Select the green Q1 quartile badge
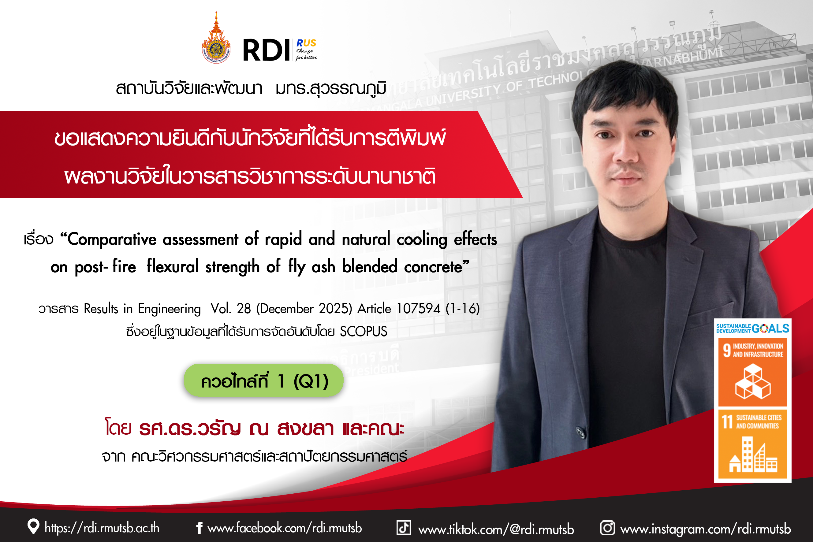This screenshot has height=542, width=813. pyautogui.click(x=263, y=380)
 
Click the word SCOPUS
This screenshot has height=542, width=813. pyautogui.click(x=364, y=332)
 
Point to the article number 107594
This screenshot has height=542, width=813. pyautogui.click(x=418, y=309)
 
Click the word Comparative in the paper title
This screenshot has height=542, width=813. pyautogui.click(x=112, y=239)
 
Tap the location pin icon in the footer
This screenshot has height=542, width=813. pyautogui.click(x=33, y=526)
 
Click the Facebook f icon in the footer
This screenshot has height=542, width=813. pyautogui.click(x=199, y=528)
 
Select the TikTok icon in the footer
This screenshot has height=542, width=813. pyautogui.click(x=404, y=528)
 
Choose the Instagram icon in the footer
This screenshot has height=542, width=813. pyautogui.click(x=607, y=528)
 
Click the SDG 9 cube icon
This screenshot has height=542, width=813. pyautogui.click(x=753, y=382)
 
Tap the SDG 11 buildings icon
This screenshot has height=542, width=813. pyautogui.click(x=753, y=454)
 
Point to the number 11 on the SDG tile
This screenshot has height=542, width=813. pyautogui.click(x=727, y=422)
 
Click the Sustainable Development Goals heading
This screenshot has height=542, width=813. pyautogui.click(x=752, y=329)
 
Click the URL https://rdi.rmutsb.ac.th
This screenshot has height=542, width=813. pyautogui.click(x=102, y=528)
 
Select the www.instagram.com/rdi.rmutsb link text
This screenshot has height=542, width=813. pyautogui.click(x=706, y=529)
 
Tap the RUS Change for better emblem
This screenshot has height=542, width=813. pyautogui.click(x=306, y=50)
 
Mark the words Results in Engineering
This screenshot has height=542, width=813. pyautogui.click(x=142, y=309)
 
